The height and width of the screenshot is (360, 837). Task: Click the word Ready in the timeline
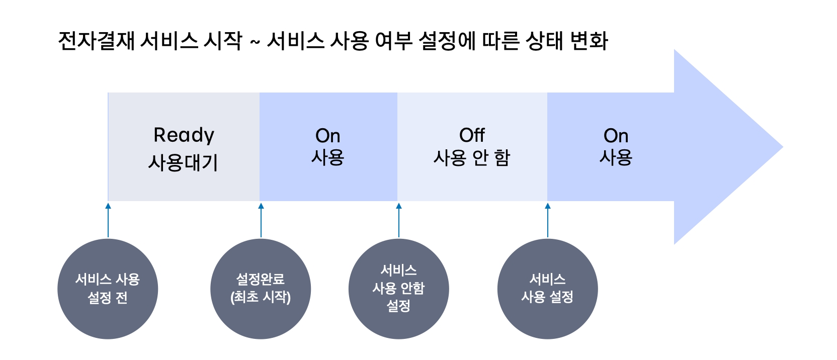click(184, 135)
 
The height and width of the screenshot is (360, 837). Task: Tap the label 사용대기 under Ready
click(183, 162)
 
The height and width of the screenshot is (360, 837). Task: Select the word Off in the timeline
click(472, 135)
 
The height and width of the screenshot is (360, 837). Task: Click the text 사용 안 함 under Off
click(472, 158)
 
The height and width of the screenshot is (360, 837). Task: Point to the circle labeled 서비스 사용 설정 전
click(108, 289)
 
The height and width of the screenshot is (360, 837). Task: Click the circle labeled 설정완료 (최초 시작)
click(261, 289)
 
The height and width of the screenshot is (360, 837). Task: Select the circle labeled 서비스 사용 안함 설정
click(398, 289)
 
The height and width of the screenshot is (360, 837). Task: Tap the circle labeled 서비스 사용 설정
click(547, 289)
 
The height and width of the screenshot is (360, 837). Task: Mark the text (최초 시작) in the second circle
click(261, 297)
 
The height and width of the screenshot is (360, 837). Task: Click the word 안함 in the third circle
click(412, 288)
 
